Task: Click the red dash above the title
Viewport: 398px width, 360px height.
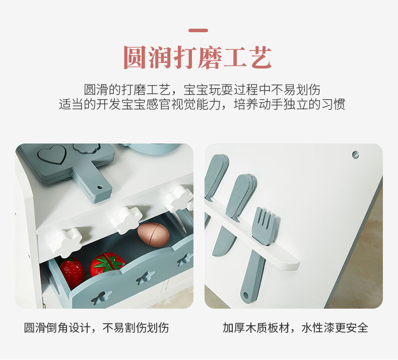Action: click(x=198, y=31)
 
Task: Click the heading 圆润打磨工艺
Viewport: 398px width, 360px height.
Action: click(x=198, y=58)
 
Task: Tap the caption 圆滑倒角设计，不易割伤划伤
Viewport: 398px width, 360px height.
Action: click(x=97, y=328)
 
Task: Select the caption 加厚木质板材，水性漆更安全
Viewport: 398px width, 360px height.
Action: click(x=296, y=328)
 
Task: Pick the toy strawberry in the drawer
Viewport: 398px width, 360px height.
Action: click(x=72, y=272)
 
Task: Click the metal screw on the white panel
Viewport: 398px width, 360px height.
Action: click(x=355, y=155)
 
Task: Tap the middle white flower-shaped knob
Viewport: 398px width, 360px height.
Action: click(x=126, y=220)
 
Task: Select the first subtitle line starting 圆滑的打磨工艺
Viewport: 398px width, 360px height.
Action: click(x=202, y=90)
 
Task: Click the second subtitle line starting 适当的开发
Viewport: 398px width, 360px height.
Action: click(x=202, y=105)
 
